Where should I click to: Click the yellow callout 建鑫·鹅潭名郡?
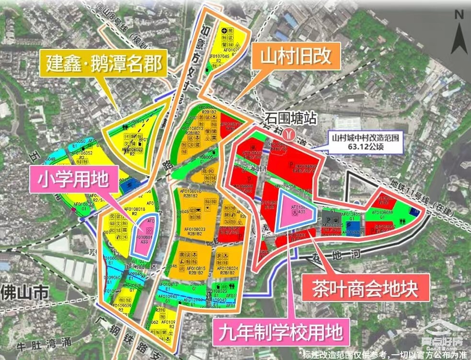point(104,62)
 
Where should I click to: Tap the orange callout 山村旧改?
point(295,56)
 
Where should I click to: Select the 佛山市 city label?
point(21,291)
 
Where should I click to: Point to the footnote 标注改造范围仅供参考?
point(383,354)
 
